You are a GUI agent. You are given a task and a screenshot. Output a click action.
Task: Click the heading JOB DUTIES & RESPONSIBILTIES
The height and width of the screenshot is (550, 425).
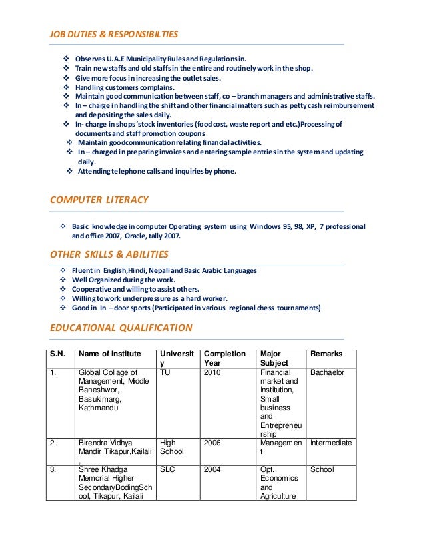pos(114,33)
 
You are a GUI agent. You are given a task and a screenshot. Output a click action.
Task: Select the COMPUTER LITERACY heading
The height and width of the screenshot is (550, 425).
pos(99,200)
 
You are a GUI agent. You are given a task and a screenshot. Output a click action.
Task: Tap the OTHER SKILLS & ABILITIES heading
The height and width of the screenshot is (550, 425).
pos(109,254)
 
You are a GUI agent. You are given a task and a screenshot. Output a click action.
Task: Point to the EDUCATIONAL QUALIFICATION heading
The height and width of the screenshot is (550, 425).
pos(121,327)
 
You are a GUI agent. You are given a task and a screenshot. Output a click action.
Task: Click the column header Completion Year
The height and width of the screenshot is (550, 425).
pos(224,358)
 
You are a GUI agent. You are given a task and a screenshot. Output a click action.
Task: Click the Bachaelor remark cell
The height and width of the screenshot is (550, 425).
pos(327,372)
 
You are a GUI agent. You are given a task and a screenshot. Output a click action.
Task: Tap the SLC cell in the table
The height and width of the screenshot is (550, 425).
pos(168,469)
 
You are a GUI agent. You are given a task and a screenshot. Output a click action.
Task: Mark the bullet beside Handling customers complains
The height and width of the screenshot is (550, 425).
pos(65,87)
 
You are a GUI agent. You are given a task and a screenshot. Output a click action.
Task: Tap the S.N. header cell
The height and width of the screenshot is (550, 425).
pos(57,354)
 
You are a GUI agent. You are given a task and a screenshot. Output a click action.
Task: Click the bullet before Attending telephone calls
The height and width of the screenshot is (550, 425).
pos(71,171)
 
